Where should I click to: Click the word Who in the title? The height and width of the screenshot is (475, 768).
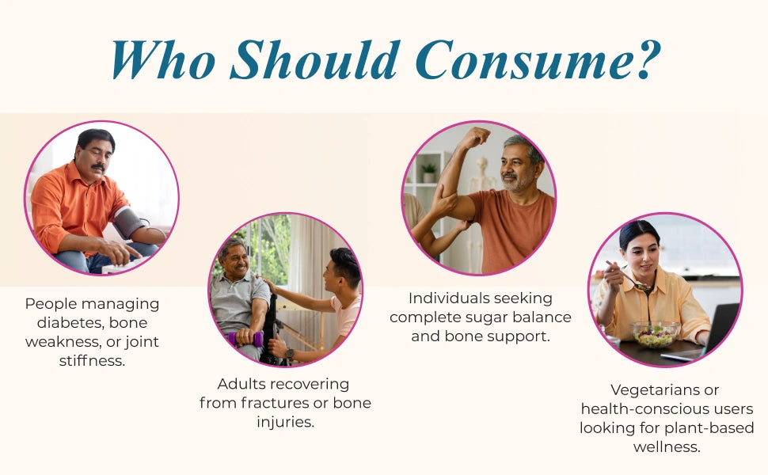pyautogui.click(x=163, y=59)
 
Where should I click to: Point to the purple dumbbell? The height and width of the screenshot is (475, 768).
pyautogui.click(x=245, y=338)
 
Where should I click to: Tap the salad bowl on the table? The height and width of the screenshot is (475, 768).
pyautogui.click(x=655, y=334)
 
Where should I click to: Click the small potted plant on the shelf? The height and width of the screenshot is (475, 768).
pyautogui.click(x=428, y=172)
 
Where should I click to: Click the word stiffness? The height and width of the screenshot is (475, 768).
pyautogui.click(x=92, y=361)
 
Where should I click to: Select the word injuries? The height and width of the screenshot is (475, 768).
pyautogui.click(x=286, y=422)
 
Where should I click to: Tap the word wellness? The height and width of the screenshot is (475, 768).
pyautogui.click(x=667, y=447)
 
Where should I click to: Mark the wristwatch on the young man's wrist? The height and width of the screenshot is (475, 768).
pyautogui.click(x=290, y=353)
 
